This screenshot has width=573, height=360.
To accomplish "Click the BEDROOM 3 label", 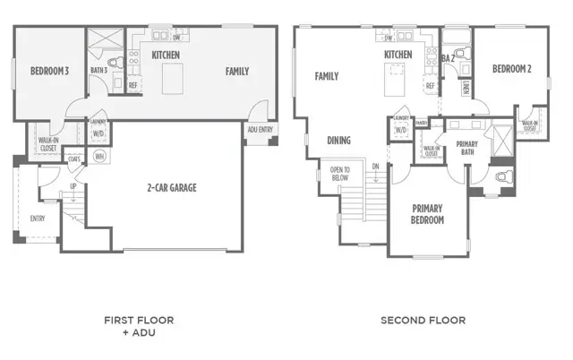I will click(49, 71).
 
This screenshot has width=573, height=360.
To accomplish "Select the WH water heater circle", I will click(99, 156).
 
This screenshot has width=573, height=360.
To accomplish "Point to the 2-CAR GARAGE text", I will click(172, 188).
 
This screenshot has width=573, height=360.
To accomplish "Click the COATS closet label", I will click(73, 160).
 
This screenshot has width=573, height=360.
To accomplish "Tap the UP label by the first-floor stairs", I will click(73, 186).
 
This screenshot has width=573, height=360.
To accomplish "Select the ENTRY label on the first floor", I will click(38, 218).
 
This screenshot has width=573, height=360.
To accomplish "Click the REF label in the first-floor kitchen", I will click(133, 86).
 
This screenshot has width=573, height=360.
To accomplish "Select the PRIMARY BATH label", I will click(466, 148).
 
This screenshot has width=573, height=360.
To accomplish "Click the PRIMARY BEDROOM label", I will click(427, 214).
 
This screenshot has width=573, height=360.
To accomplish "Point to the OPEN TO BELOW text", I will click(340, 174).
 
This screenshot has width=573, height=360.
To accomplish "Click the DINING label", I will click(338, 141).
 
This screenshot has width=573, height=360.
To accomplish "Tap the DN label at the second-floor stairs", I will click(375, 167).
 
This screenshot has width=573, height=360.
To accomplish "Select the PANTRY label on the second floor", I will click(420, 123).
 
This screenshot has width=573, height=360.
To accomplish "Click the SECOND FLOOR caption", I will click(423, 320).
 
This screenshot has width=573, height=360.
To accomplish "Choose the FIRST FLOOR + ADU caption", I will click(139, 325).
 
